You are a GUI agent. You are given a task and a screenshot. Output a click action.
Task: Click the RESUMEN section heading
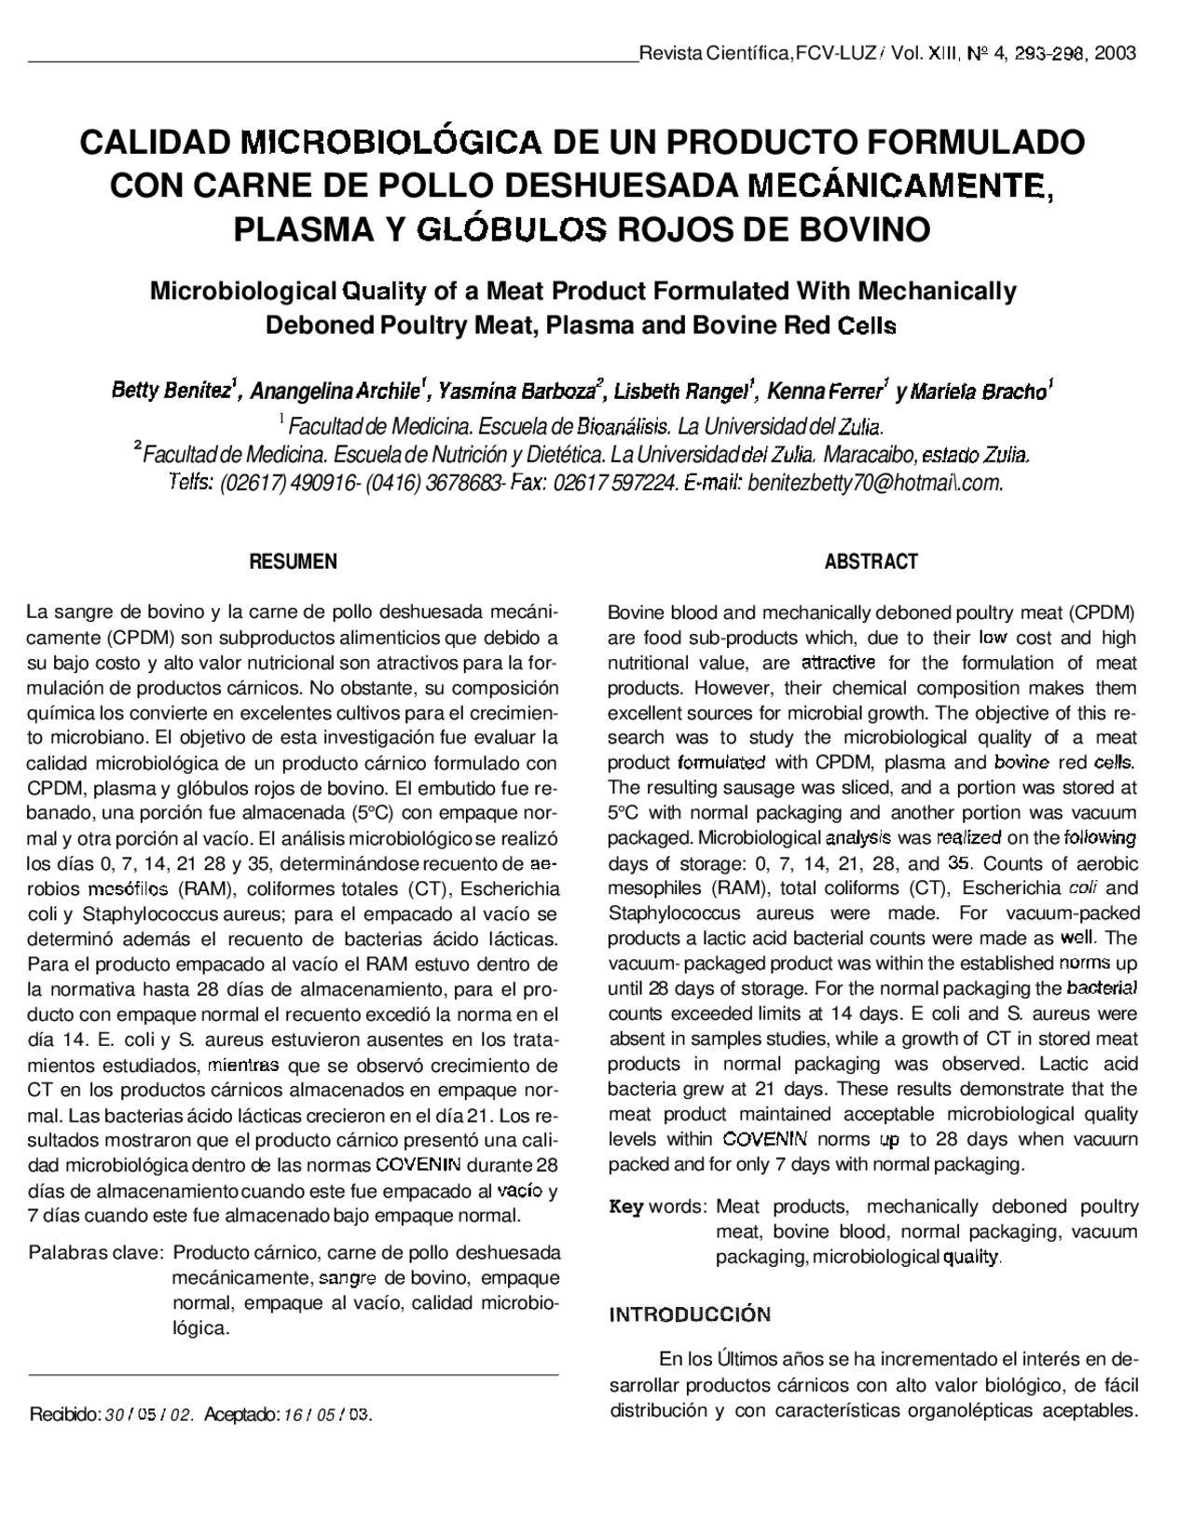click(x=293, y=562)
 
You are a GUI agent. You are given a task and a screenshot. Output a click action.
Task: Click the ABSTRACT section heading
click(x=871, y=562)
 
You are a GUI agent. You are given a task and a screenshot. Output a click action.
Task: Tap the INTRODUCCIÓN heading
click(x=690, y=1315)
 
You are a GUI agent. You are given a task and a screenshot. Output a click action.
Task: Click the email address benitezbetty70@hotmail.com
click(x=875, y=483)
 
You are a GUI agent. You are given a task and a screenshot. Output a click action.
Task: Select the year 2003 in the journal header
click(x=1115, y=53)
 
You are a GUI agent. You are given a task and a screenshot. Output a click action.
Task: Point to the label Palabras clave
click(x=97, y=1252)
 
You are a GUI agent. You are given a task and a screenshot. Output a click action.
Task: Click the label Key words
click(x=657, y=1206)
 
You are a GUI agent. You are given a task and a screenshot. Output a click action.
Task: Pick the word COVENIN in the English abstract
click(x=765, y=1139)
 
